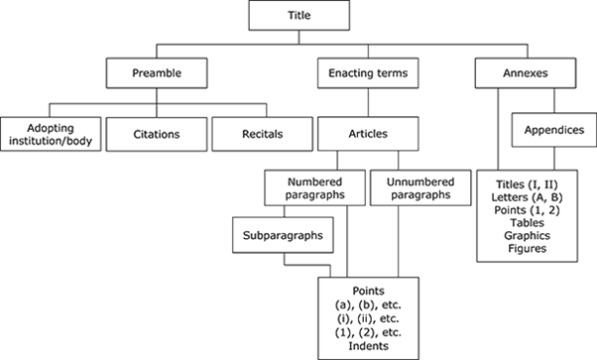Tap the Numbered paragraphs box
click(313, 189)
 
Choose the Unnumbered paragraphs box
click(417, 189)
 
